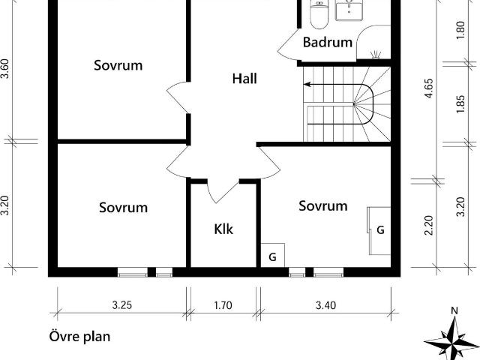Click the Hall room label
tap(244, 79)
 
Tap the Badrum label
tap(328, 42)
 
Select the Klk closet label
tap(223, 229)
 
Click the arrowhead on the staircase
tap(307, 84)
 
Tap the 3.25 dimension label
tap(121, 305)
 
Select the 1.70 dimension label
tap(223, 305)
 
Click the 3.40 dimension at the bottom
tap(325, 305)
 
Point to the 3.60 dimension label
tap(5, 68)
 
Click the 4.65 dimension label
tap(429, 88)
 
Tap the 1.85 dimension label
tap(460, 104)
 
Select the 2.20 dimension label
tap(429, 225)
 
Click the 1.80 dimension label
tap(460, 30)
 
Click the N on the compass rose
tap(454, 311)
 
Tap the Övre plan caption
tap(79, 337)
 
